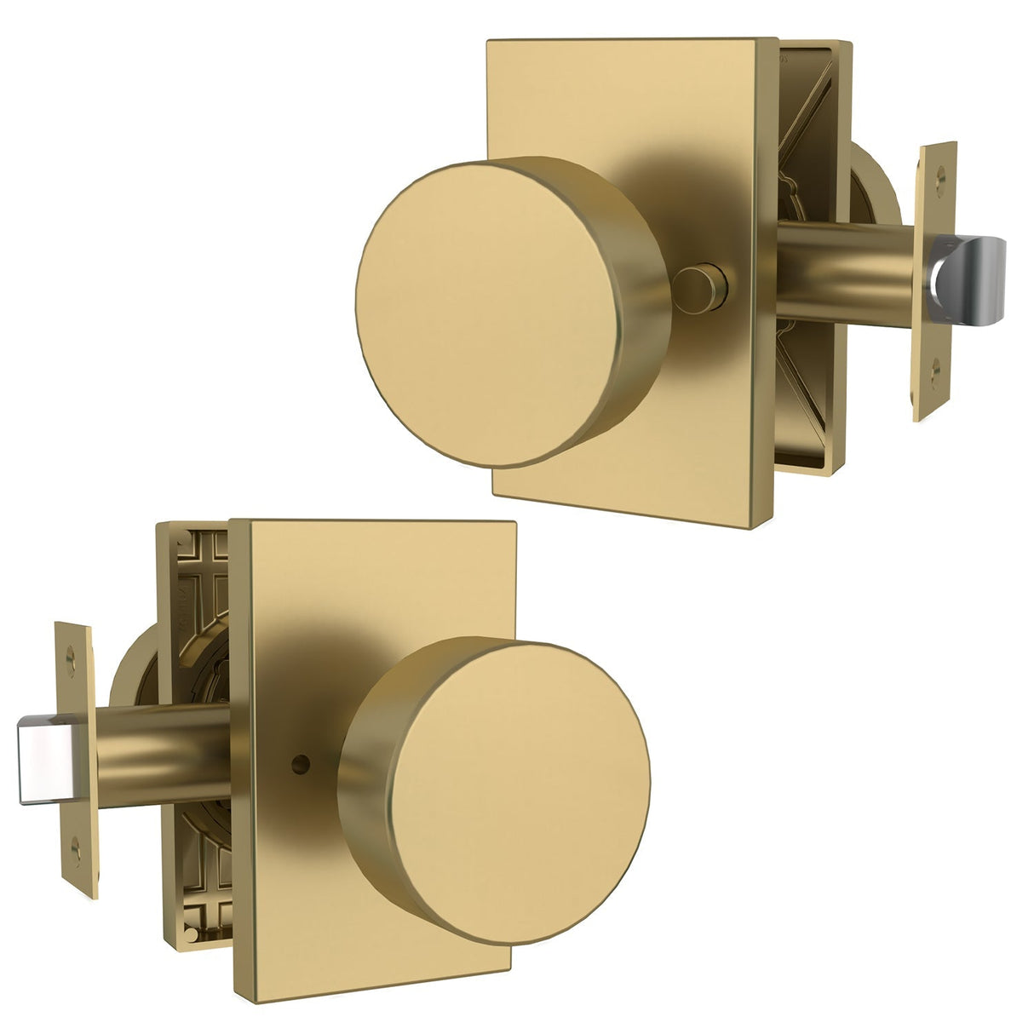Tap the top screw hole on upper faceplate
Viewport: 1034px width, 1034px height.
pyautogui.click(x=940, y=176)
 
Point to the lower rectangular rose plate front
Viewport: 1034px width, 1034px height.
pyautogui.click(x=341, y=596)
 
